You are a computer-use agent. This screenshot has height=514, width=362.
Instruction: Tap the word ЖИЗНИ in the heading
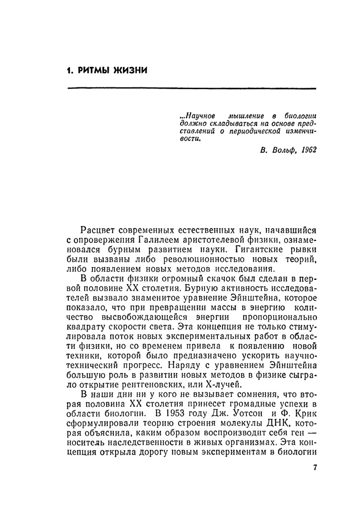(131, 70)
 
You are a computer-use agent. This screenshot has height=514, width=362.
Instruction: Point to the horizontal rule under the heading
(192, 88)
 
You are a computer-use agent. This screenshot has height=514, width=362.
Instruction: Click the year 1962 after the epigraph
(308, 150)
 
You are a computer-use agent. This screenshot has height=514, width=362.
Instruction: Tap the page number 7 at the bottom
(315, 468)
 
